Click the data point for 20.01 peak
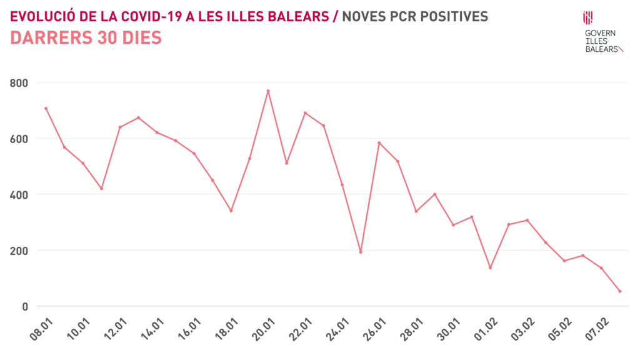coord(268,91)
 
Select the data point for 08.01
coord(46,108)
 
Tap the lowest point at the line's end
coord(620,291)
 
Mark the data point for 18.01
coord(231,211)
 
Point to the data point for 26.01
coord(379,143)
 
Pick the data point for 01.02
coord(490,267)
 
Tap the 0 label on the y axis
coord(26,306)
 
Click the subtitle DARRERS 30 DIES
coord(86,38)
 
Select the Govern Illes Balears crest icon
coord(588,17)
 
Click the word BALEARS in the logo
coord(601,48)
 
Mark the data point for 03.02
coord(527,220)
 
